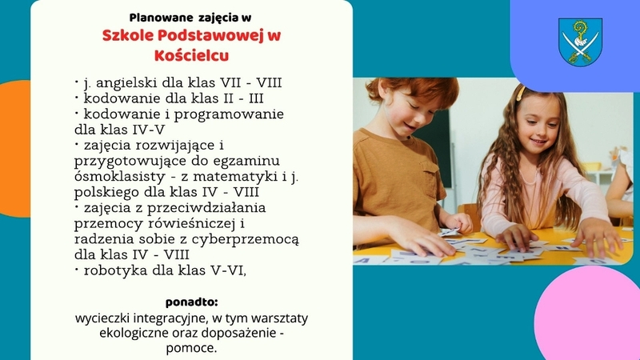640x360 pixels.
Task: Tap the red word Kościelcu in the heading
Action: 191,55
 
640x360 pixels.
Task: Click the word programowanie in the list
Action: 238,114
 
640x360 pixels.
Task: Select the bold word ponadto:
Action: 191,302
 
